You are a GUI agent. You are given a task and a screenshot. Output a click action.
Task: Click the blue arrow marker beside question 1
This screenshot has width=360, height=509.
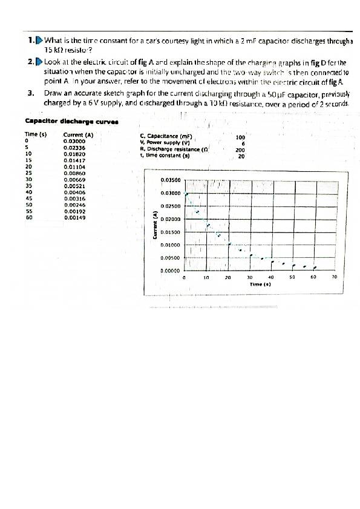(x=40, y=41)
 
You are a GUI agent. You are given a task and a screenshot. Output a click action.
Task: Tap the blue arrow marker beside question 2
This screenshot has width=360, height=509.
(x=40, y=62)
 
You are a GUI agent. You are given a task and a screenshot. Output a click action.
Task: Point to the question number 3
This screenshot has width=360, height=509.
(x=30, y=93)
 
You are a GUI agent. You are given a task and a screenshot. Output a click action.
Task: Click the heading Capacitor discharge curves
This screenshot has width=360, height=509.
(x=71, y=121)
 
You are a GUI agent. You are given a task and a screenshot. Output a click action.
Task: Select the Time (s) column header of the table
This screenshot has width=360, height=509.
(x=36, y=134)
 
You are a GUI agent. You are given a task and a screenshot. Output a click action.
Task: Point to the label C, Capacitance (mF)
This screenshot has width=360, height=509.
(x=166, y=136)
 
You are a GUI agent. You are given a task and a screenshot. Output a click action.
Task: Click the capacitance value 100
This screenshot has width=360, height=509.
(x=241, y=137)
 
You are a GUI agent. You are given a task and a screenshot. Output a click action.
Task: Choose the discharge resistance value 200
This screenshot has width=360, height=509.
(x=241, y=150)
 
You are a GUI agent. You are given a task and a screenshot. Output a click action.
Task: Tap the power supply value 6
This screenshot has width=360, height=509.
(x=242, y=143)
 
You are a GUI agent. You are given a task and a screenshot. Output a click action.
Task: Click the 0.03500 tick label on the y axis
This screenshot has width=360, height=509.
(x=171, y=180)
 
